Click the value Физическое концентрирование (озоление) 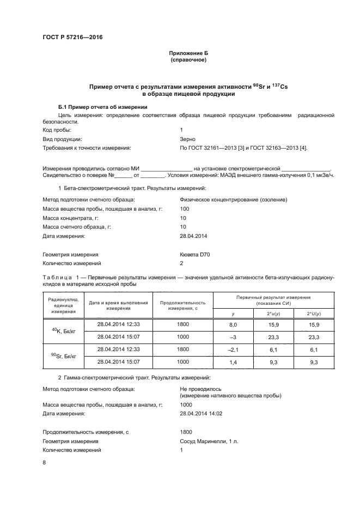pyautogui.click(x=233, y=200)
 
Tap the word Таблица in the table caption pyautogui.click(x=57, y=278)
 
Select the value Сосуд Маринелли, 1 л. pyautogui.click(x=210, y=441)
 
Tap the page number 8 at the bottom pyautogui.click(x=44, y=463)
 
